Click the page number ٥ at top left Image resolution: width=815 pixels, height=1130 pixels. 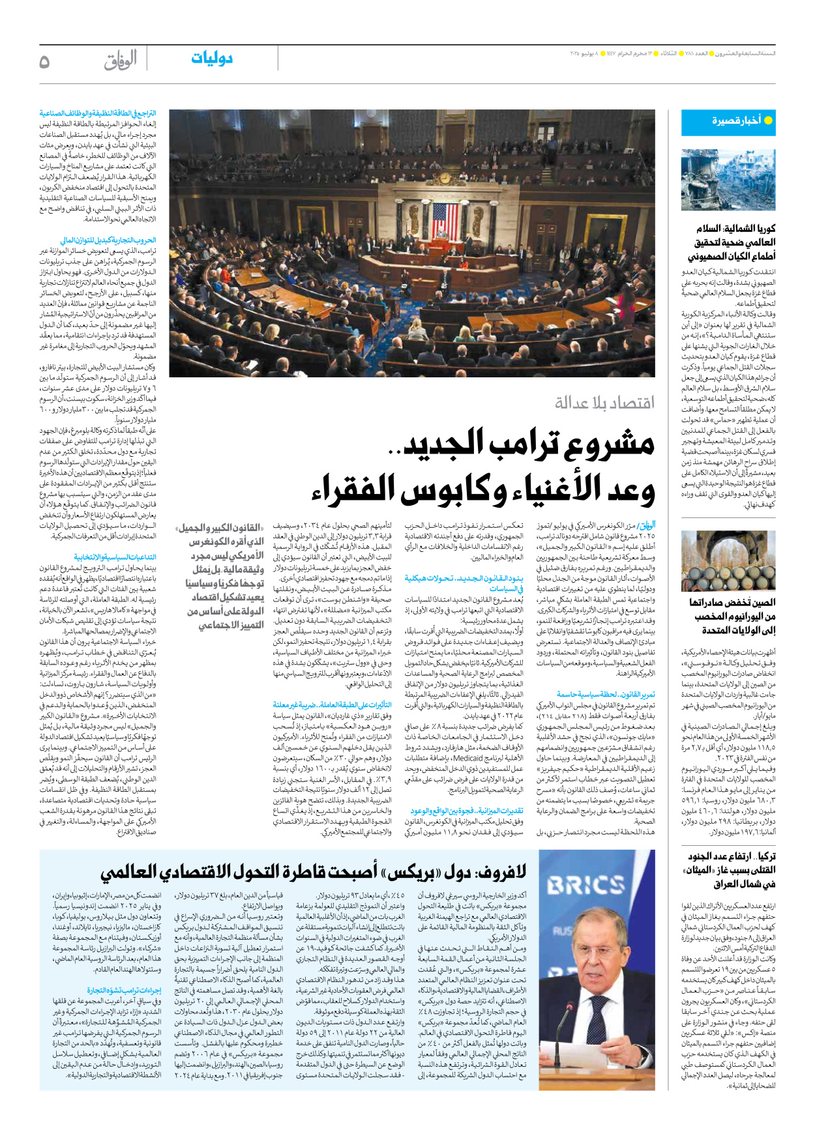(x=44, y=61)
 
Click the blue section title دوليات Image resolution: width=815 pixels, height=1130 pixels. (x=212, y=59)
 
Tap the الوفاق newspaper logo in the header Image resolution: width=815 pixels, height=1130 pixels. (x=121, y=61)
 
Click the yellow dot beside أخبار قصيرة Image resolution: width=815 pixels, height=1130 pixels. (x=767, y=121)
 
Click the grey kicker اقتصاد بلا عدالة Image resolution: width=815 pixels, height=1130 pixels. (x=604, y=403)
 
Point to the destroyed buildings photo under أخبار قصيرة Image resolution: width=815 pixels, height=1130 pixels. (x=728, y=180)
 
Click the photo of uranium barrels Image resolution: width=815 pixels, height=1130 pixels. (x=728, y=560)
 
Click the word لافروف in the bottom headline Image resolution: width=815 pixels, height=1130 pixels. (x=497, y=871)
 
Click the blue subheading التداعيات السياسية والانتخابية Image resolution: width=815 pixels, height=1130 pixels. (x=115, y=557)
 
